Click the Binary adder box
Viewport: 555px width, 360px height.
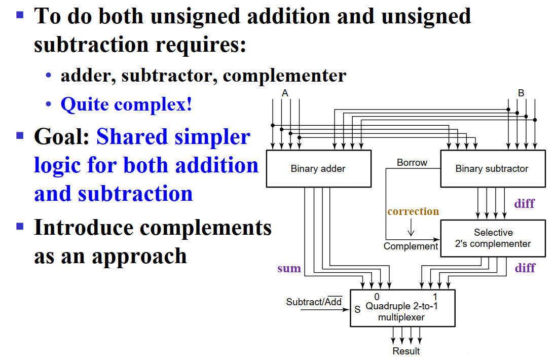click(x=318, y=169)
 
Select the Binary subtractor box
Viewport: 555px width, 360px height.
click(x=492, y=169)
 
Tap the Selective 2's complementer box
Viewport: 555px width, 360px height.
click(x=493, y=238)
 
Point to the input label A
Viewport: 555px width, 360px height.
click(x=285, y=93)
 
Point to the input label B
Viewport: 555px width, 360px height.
click(x=521, y=93)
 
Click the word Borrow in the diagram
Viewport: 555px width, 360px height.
click(x=412, y=163)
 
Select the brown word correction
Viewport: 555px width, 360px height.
click(x=413, y=211)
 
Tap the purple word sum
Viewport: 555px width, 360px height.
click(x=289, y=268)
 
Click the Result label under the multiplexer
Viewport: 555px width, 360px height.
click(x=406, y=351)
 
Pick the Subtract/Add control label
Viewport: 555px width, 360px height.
click(x=314, y=302)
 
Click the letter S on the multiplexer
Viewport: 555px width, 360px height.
click(x=357, y=309)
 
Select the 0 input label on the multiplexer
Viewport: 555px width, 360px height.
click(x=377, y=297)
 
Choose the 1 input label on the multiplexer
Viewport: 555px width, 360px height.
click(x=435, y=297)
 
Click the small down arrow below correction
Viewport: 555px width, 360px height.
click(x=411, y=229)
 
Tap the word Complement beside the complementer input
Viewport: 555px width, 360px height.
click(x=411, y=246)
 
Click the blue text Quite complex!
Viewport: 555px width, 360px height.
click(x=126, y=104)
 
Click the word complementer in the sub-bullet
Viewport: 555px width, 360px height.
click(x=284, y=76)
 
